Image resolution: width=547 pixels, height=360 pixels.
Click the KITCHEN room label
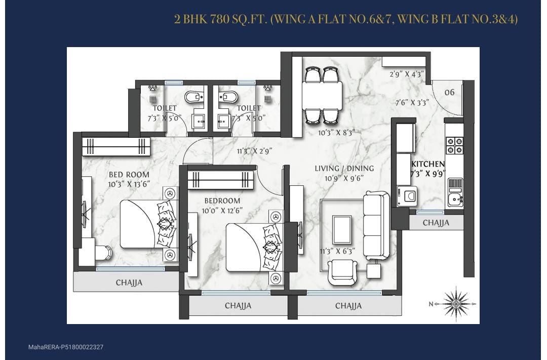tap(427, 164)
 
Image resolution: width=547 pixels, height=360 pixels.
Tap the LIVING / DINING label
tap(344, 169)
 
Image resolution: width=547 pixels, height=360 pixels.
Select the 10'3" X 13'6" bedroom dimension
tap(129, 184)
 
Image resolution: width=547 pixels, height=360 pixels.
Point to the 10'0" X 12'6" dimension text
tap(222, 210)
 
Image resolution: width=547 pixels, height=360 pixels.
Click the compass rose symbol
tap(456, 302)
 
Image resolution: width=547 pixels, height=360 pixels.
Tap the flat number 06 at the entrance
tap(450, 93)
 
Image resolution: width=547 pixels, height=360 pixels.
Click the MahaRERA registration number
tap(65, 347)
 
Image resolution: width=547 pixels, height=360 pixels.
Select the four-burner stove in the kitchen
tap(455, 145)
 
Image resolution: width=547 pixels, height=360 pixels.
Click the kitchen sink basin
tap(455, 200)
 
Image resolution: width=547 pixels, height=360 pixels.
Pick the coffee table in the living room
tap(342, 230)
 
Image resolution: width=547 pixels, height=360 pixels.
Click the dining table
tap(322, 95)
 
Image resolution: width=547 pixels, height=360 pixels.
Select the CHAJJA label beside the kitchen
tap(436, 223)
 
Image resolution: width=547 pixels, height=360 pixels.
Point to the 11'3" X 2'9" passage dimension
tap(254, 151)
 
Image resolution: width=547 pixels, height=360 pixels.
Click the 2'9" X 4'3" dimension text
tap(407, 74)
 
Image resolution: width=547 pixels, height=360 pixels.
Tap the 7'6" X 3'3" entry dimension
tap(412, 103)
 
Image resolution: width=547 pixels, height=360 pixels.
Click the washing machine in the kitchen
tap(407, 196)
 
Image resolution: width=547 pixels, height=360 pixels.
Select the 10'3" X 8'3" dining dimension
tap(336, 133)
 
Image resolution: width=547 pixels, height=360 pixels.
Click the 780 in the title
tap(220, 19)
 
